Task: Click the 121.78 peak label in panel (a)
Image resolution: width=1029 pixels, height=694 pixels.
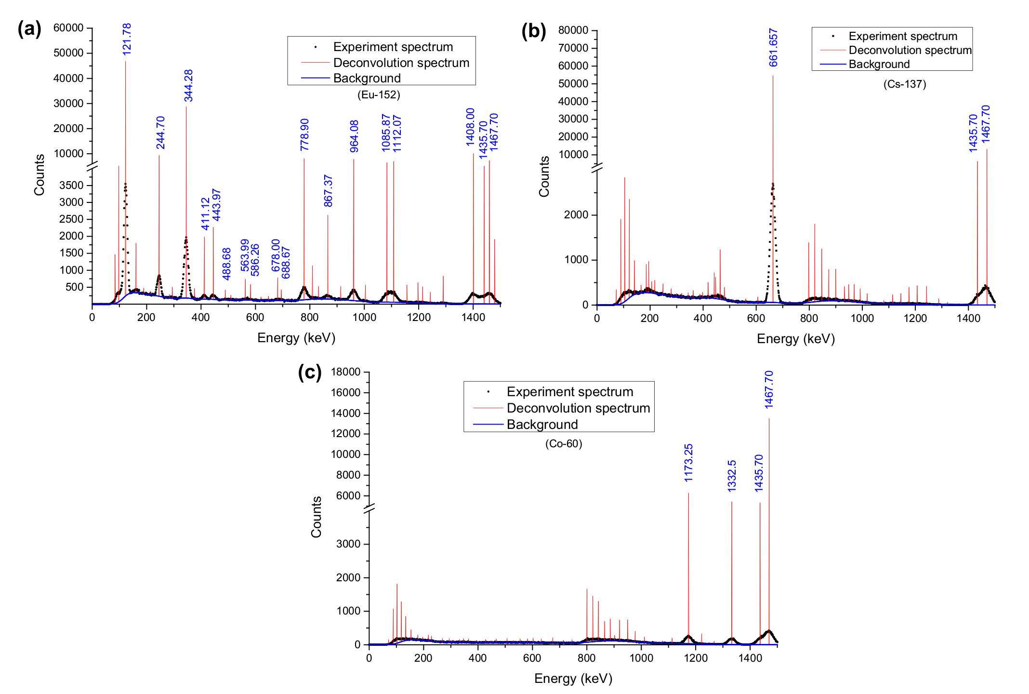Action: point(127,38)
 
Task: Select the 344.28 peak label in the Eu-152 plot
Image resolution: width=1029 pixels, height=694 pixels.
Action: point(188,85)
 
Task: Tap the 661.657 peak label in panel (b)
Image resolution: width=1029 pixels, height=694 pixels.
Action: point(774,47)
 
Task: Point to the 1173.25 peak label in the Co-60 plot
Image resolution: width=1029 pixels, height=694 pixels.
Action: point(688,463)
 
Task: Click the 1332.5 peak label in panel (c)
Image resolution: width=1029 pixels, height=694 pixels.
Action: point(732,476)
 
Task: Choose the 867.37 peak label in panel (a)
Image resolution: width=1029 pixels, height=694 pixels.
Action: point(328,191)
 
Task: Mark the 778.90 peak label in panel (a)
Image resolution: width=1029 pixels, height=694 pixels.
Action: point(304,134)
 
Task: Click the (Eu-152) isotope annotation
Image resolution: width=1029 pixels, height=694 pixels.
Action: point(379,95)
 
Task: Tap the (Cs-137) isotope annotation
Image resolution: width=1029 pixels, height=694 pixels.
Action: point(905,84)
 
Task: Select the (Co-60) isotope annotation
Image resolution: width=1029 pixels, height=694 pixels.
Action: point(564,444)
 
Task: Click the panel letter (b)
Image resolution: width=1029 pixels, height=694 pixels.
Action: point(534,31)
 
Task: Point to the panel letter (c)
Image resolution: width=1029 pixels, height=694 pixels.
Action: point(310,373)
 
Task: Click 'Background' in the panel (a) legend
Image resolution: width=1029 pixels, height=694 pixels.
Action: point(367,78)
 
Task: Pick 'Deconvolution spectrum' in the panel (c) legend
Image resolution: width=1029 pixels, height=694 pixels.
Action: point(578,408)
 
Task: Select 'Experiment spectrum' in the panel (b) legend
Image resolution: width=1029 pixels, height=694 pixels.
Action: point(903,36)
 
